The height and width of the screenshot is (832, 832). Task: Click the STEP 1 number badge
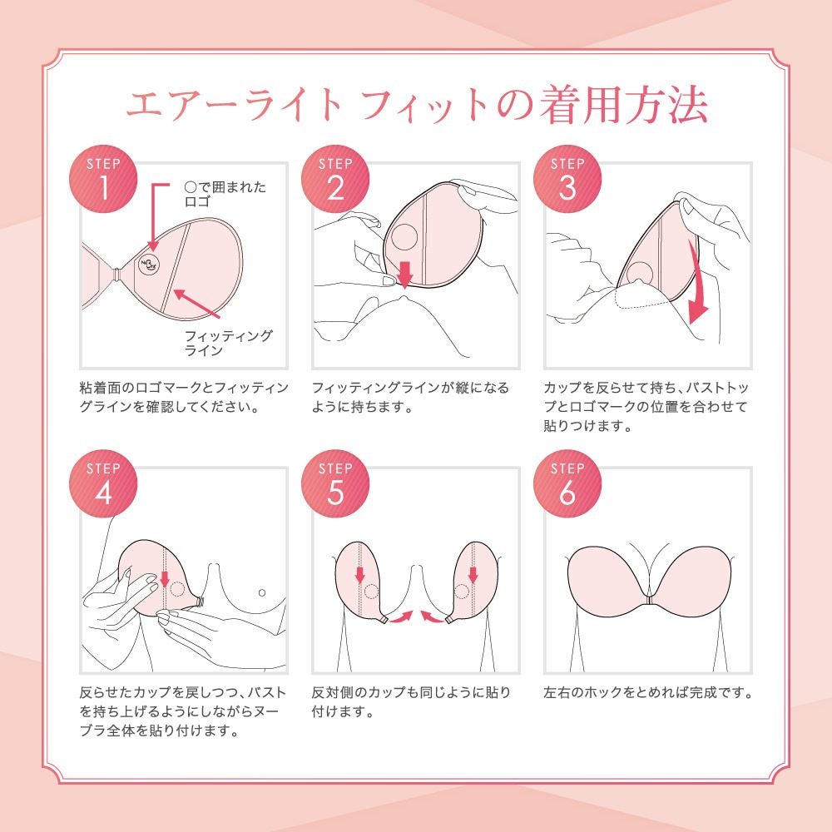[105, 178]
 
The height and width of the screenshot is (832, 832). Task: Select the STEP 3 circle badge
[567, 178]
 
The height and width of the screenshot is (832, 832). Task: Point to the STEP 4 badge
[105, 483]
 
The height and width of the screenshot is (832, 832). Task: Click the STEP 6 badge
[567, 483]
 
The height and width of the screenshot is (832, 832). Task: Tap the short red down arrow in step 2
[405, 271]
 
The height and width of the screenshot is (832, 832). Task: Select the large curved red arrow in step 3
[697, 283]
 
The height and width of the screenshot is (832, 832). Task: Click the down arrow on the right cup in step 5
[473, 575]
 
